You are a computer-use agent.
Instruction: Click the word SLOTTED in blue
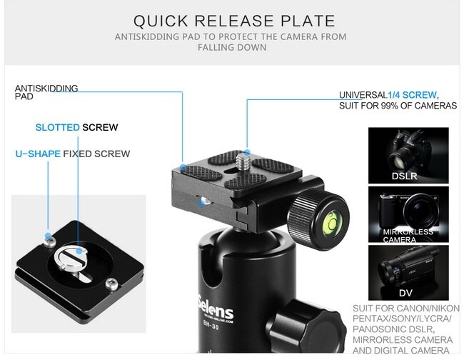coord(57,127)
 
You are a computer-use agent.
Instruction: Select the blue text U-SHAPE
coord(38,154)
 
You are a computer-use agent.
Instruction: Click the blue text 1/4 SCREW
coord(412,95)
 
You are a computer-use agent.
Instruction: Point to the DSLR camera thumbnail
coord(408,156)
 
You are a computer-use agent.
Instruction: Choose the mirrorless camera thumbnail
coord(408,214)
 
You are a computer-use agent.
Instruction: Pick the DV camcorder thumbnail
coord(408,273)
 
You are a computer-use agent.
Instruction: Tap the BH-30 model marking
coord(211,325)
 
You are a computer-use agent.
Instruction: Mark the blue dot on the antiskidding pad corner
coord(183,167)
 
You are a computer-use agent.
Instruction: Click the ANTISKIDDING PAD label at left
coord(46,92)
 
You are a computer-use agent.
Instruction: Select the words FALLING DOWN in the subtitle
coord(232,47)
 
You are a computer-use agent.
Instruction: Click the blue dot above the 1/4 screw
coord(247,152)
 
